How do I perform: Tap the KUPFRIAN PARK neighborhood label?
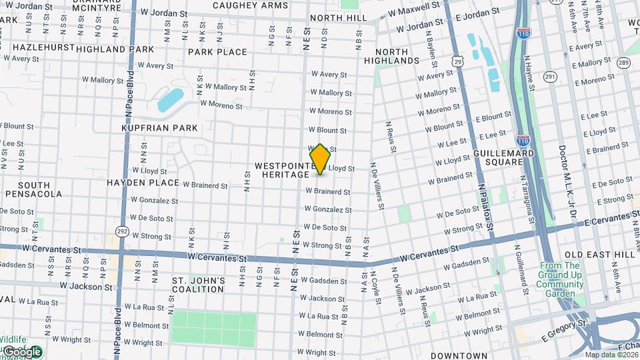point(159,127)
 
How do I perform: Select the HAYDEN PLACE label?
point(143,182)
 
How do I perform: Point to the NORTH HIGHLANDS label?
point(397,56)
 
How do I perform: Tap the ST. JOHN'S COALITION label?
point(198,285)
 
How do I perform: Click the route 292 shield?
point(122,231)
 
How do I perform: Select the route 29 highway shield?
point(457,61)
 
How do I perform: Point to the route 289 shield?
point(623,63)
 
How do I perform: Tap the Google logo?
point(21,351)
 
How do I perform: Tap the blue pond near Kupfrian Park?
point(171,99)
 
